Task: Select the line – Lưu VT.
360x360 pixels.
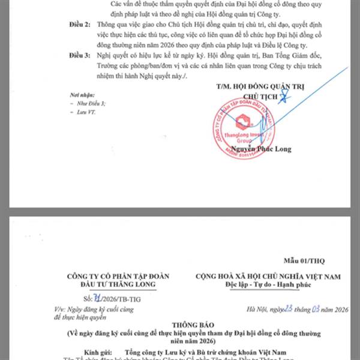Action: click(x=84, y=112)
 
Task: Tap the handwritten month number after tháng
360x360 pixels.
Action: click(x=316, y=309)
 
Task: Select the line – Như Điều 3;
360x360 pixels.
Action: click(x=88, y=104)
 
